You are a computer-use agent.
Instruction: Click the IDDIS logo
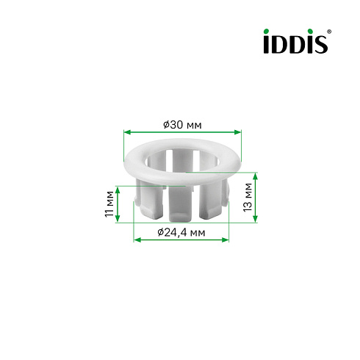coord(298,41)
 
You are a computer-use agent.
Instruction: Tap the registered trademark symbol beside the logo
coord(329,32)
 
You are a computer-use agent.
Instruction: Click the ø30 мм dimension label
coord(182,125)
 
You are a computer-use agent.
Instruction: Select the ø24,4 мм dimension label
coord(181,232)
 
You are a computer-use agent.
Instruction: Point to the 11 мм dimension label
coord(109,204)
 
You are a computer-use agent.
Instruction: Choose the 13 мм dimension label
coord(248,197)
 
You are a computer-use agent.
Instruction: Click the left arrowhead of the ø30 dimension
coord(127,132)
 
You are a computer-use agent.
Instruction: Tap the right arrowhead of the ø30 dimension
coord(238,132)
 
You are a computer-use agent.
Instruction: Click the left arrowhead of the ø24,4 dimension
coord(137,240)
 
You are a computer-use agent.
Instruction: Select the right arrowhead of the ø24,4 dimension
coord(225,240)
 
